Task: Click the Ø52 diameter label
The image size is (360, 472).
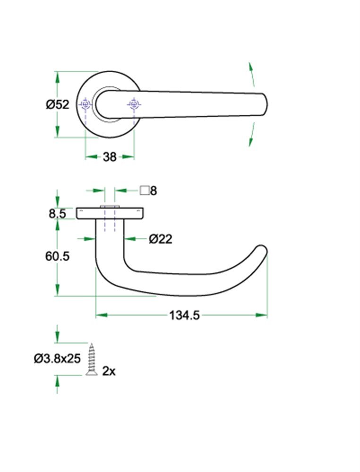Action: coord(58,105)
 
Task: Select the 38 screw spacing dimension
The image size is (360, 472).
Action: coord(110,157)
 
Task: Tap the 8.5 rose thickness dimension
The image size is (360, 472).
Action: coord(57,214)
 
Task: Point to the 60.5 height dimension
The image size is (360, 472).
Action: coord(57,256)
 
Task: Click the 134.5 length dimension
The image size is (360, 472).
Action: coord(184,315)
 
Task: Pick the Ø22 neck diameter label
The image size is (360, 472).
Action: coord(160,239)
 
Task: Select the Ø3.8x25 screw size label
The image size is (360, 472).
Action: coord(57,359)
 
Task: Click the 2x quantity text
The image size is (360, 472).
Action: coord(109,371)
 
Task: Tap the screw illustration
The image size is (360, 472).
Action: coord(92,360)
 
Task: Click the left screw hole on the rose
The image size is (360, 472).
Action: coord(86,105)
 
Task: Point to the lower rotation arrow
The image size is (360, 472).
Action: coord(251,135)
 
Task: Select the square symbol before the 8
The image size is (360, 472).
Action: coord(145,191)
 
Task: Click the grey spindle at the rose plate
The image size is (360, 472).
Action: coord(110,208)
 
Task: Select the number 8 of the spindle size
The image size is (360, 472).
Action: coord(153,191)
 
